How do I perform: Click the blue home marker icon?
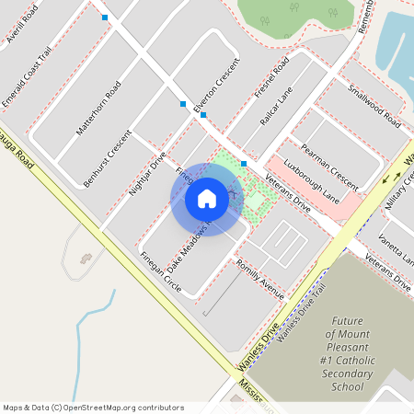pyautogui.click(x=207, y=198)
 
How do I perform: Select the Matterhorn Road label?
pyautogui.click(x=98, y=109)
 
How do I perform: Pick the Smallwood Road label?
pyautogui.click(x=374, y=106)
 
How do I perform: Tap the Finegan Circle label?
pyautogui.click(x=160, y=272)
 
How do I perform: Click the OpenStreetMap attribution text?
pyautogui.click(x=93, y=407)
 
